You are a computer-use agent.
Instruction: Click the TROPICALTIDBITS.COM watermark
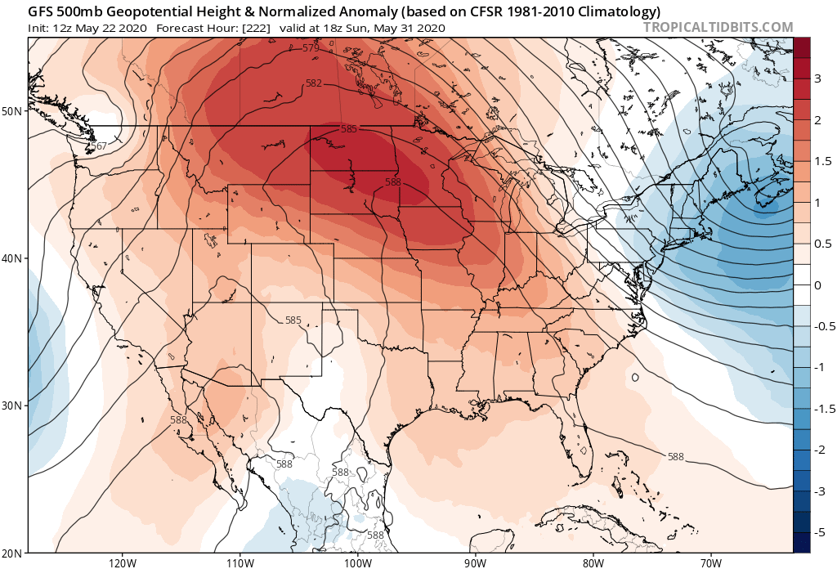[x=718, y=27]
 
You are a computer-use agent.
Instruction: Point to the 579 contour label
[x=311, y=49]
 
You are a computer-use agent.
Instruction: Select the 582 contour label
[x=314, y=83]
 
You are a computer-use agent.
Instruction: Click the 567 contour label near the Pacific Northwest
[x=99, y=146]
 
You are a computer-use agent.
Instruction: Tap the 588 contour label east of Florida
[x=676, y=456]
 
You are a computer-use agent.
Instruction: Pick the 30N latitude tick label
[x=14, y=405]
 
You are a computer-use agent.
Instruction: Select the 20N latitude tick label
[x=14, y=552]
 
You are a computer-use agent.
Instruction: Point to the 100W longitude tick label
[x=357, y=562]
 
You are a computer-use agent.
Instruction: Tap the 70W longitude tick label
[x=710, y=562]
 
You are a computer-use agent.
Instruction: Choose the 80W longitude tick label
[x=593, y=562]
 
